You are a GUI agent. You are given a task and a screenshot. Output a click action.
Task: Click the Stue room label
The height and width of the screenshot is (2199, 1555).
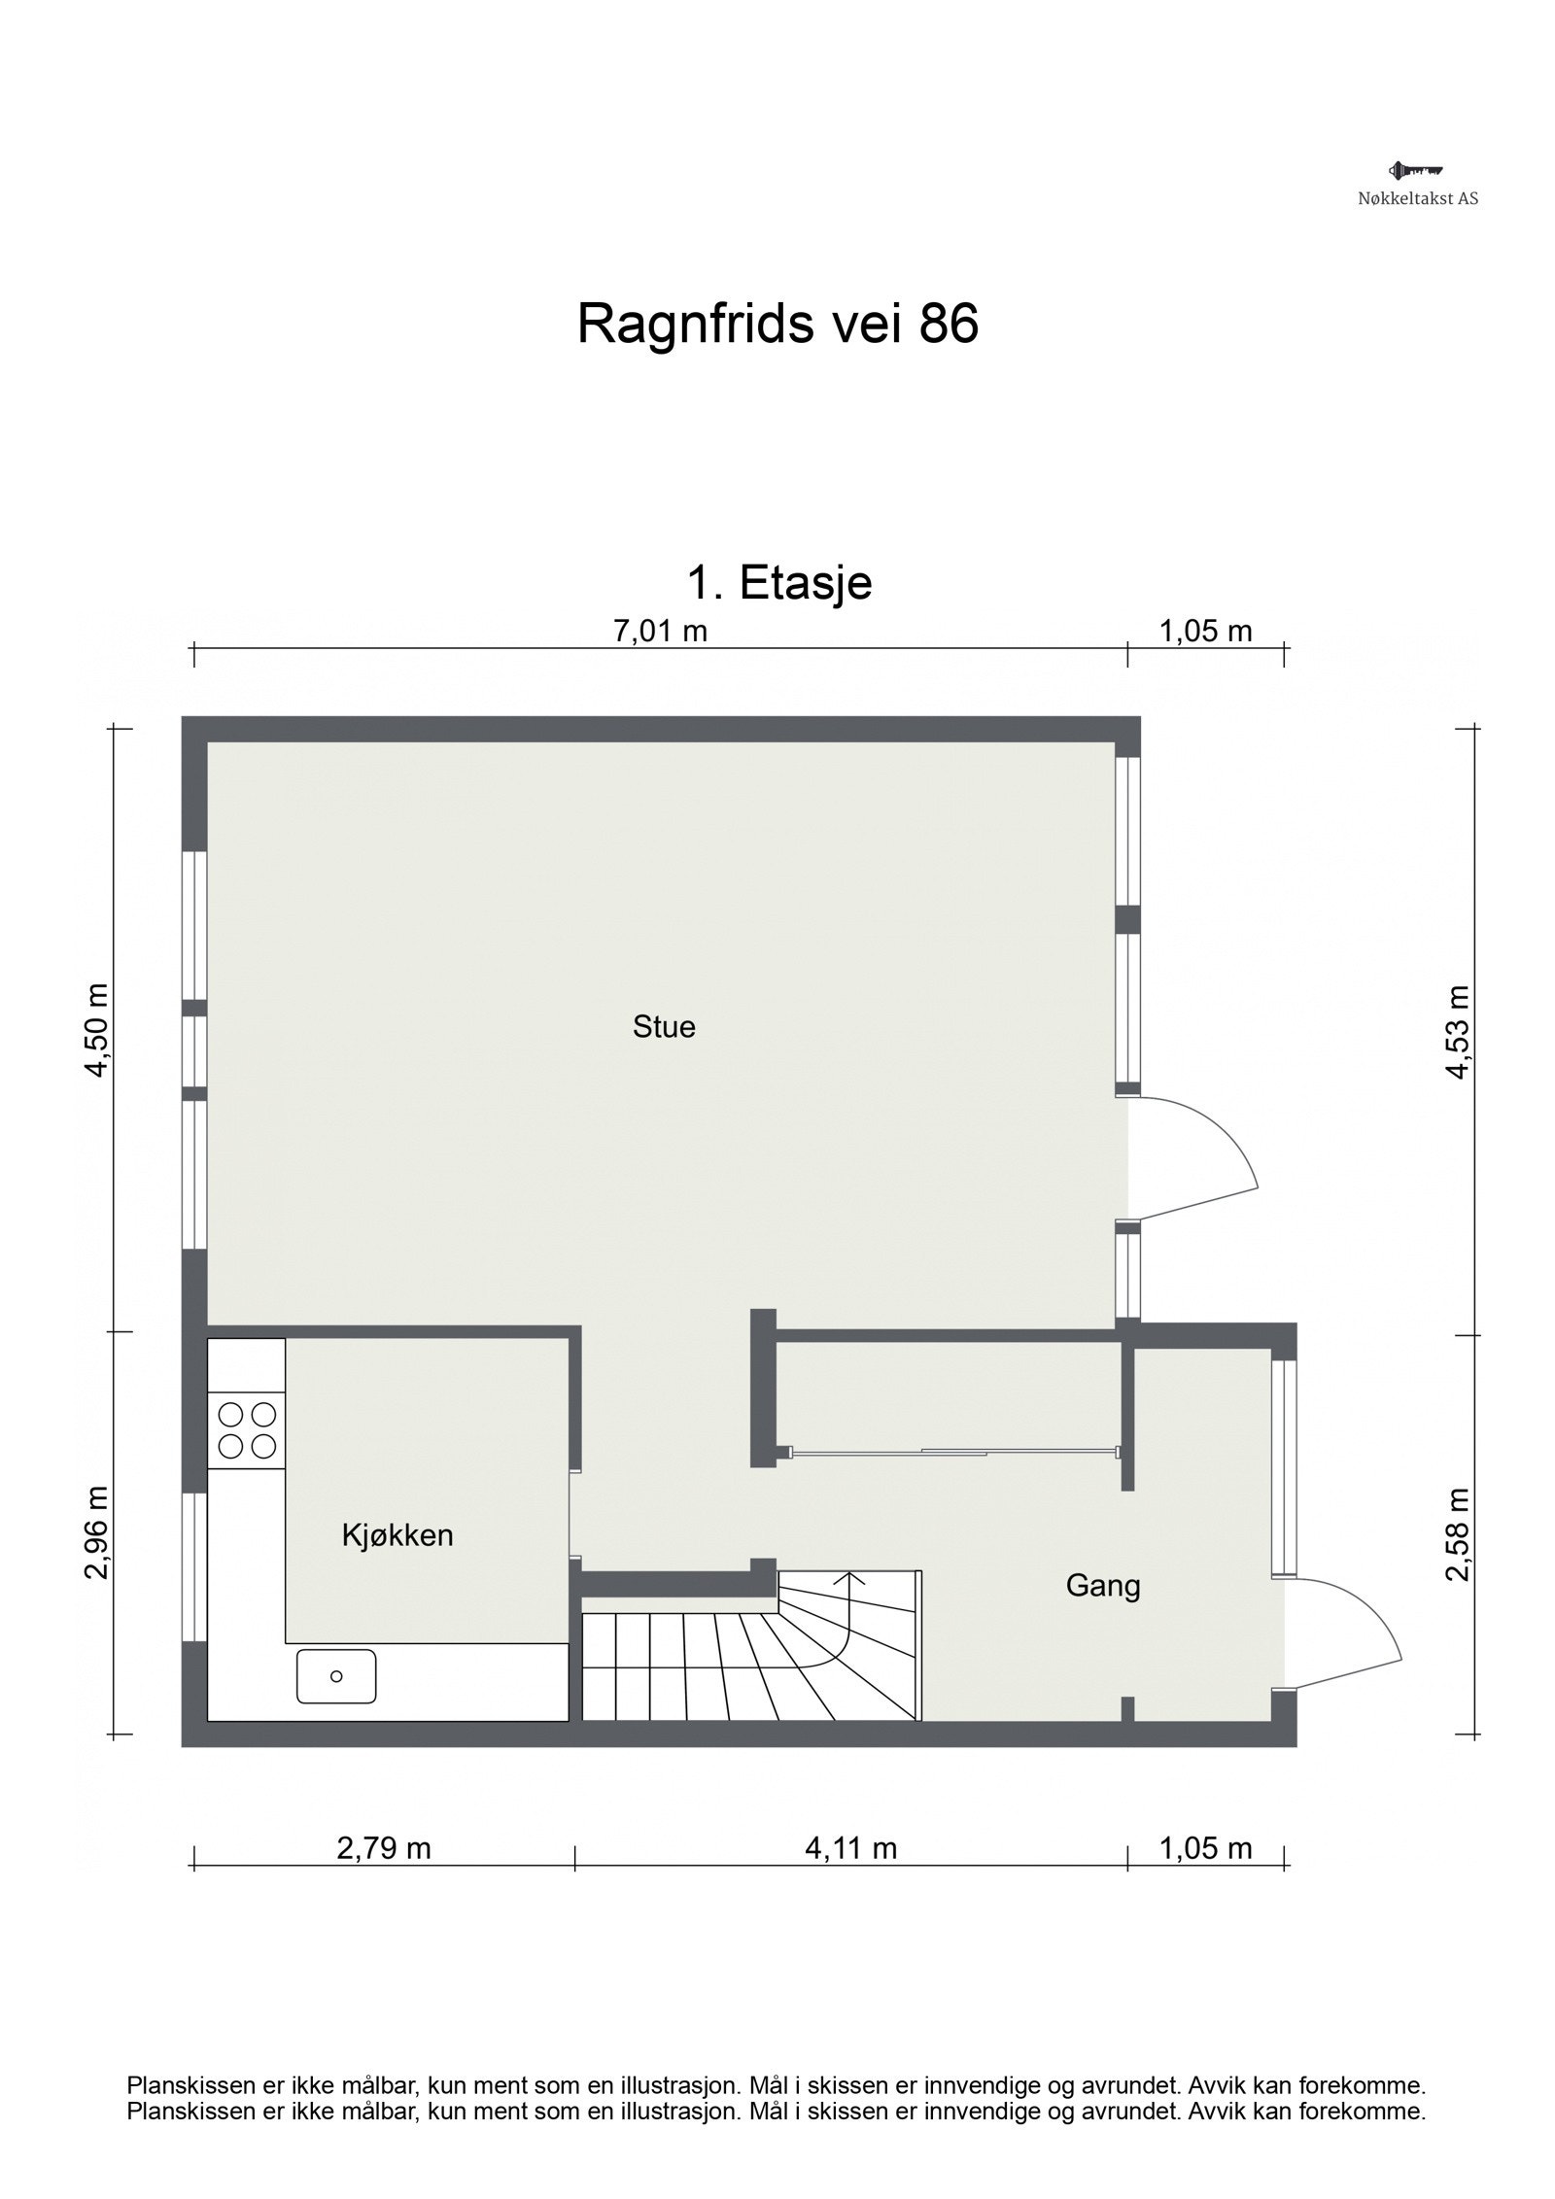pos(664,1027)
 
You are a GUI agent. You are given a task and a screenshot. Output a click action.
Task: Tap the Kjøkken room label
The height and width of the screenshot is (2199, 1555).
pos(397,1535)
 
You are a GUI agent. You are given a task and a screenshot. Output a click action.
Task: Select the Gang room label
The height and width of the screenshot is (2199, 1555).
pos(1102,1586)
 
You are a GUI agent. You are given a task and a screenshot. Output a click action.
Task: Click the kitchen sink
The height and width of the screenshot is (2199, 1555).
pos(336,1676)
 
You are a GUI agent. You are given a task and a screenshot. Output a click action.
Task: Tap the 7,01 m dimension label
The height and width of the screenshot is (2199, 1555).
pos(660,632)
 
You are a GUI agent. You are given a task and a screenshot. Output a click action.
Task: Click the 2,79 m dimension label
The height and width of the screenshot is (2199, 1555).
pos(383,1847)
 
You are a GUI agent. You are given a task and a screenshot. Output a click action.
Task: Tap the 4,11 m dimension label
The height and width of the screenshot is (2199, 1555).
pos(850,1847)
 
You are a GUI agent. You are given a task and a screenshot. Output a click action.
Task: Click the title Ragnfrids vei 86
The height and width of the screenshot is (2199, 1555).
pos(777,324)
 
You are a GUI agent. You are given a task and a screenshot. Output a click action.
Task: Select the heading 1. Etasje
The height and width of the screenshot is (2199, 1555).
pos(778,583)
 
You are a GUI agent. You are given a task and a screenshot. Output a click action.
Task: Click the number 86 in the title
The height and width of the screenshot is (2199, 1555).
pos(949,324)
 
